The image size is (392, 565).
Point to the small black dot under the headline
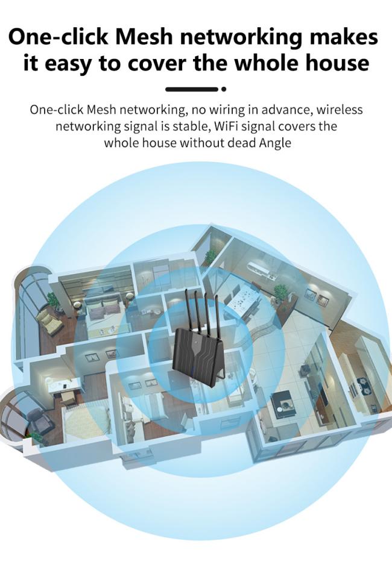(x=224, y=89)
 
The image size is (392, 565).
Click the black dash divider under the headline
(x=191, y=89)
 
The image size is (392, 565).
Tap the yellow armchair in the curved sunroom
(x=49, y=321)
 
